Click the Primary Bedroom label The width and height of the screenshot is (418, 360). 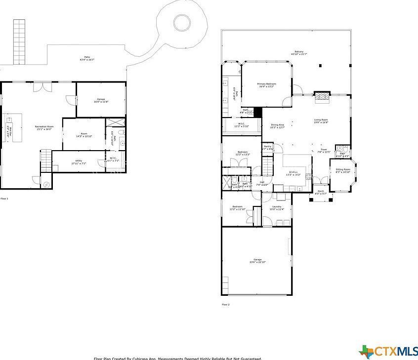266,84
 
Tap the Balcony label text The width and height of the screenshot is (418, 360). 299,52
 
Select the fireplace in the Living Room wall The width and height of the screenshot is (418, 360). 322,96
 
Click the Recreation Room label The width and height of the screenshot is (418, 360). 44,126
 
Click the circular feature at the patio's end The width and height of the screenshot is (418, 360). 182,22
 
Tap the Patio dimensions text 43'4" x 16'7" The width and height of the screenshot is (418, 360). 87,60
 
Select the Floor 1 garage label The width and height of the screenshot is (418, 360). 101,99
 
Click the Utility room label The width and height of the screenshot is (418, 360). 79,160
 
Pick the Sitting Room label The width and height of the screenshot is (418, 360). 343,169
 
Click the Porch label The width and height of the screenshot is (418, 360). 321,191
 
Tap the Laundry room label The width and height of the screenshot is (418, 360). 277,206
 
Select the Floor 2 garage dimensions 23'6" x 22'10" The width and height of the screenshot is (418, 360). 257,262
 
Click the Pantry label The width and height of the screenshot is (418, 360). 267,146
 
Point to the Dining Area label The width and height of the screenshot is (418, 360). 277,125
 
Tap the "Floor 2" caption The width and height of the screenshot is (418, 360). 226,305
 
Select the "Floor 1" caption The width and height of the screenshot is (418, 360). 4,199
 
